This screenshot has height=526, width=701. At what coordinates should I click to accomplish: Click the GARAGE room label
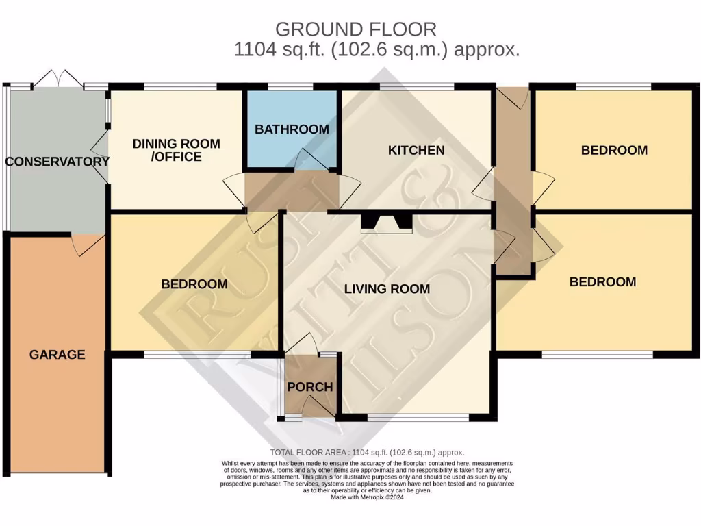[x=57, y=355]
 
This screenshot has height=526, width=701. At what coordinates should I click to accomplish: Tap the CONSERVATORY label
[x=58, y=162]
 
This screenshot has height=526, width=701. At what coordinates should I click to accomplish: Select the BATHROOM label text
[x=292, y=129]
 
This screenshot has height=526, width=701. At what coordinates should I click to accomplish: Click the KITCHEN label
[x=416, y=150]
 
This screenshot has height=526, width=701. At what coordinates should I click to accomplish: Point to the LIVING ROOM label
[x=387, y=289]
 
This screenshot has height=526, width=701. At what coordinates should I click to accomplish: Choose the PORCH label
[x=309, y=387]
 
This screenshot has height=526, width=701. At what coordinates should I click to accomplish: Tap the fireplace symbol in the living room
[x=387, y=223]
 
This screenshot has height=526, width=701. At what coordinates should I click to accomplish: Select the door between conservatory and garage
[x=88, y=244]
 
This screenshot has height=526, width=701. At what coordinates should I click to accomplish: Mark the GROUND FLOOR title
[x=355, y=29]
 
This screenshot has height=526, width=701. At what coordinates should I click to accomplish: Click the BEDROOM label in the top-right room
[x=614, y=150]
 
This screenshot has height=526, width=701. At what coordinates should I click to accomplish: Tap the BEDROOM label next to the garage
[x=194, y=284]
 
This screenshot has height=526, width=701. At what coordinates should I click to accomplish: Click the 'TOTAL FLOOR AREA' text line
[x=367, y=453]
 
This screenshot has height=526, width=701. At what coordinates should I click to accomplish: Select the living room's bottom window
[x=418, y=416]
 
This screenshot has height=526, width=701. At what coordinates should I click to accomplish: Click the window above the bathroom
[x=290, y=88]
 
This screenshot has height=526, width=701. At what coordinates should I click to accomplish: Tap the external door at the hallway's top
[x=513, y=97]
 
